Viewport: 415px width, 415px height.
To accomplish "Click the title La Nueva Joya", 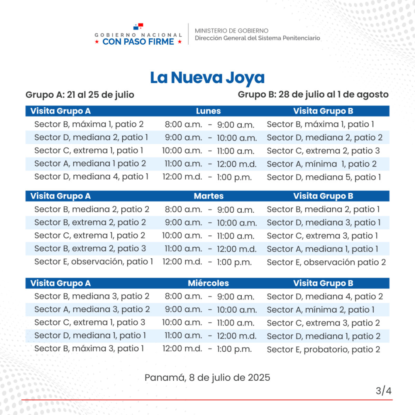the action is coord(207,78).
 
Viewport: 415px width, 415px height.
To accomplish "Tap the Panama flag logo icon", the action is coord(138,27).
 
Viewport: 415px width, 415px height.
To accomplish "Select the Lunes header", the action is coord(208,111).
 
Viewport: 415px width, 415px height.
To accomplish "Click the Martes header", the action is coord(209,196).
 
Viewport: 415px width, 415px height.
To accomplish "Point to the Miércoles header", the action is coord(208,283).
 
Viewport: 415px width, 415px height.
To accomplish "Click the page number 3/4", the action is coord(384,391).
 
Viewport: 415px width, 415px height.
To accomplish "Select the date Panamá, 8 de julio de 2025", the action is coord(207,378).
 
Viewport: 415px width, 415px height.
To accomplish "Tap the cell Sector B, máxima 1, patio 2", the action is coord(89,124).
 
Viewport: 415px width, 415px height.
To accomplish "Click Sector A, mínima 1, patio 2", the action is coord(322,164).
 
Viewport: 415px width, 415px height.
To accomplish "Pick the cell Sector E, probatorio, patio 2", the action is coord(324,349).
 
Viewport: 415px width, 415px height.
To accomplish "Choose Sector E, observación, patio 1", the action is coord(94,261).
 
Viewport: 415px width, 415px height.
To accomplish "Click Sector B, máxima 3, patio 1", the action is coord(89,348).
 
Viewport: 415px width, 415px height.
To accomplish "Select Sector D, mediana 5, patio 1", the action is coord(324,177).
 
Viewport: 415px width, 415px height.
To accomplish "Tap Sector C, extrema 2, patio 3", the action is coord(323,151).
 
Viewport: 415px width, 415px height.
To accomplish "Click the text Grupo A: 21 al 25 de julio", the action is coord(80,95).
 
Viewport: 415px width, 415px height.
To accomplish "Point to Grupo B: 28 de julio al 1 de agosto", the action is coord(313,95).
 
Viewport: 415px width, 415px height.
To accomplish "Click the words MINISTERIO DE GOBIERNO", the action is coord(232,31).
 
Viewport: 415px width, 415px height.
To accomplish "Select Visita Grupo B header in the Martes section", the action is coord(323,196).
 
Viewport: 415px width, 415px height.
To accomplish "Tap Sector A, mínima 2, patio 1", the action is coord(320,310).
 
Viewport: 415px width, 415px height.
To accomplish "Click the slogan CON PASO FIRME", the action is coord(138,41).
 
